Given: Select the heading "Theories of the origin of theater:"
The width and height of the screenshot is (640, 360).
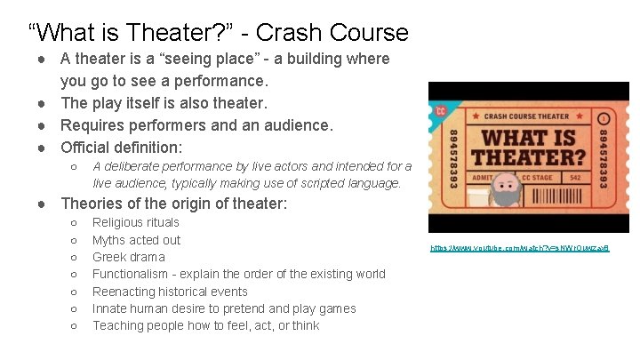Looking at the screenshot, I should tap(174, 204).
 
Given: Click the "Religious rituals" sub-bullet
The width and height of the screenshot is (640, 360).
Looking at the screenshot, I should tap(136, 222).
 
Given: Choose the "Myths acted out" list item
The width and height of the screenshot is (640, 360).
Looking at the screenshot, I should tap(136, 240).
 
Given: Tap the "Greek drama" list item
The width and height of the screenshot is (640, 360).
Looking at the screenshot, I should tap(129, 257).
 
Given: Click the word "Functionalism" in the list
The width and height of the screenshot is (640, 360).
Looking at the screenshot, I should tap(132, 274).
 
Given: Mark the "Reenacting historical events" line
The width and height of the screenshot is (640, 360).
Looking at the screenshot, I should tap(170, 292).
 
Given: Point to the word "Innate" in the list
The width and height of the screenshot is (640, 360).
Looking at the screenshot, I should tap(110, 308).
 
